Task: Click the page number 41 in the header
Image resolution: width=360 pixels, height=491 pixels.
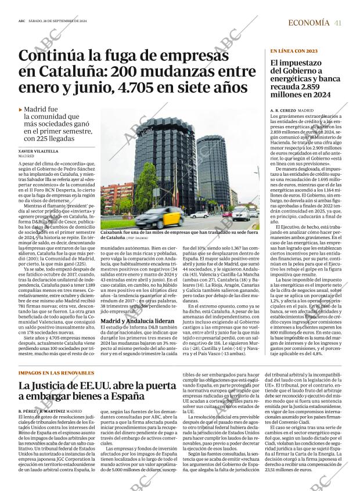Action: [337, 23]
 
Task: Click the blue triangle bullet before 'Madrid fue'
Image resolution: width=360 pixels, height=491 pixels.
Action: [21, 109]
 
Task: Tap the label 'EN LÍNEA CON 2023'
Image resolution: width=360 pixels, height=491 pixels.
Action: [293, 51]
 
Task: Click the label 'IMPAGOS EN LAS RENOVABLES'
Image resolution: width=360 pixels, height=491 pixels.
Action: [56, 356]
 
